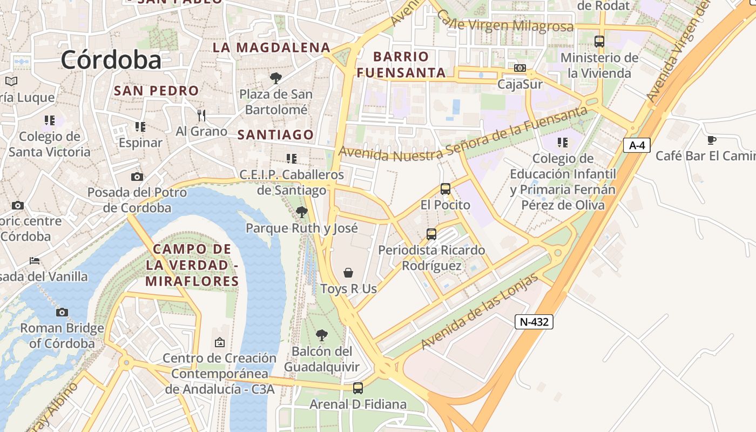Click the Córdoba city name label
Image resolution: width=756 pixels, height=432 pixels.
click(111, 59)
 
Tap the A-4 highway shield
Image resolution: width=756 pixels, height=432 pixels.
click(637, 145)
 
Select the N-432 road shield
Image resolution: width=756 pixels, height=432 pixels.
click(534, 322)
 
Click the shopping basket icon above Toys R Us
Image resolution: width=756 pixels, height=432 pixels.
click(348, 273)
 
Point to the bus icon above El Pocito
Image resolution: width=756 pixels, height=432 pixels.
click(446, 189)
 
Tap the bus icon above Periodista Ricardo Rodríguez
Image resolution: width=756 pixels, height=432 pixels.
click(431, 234)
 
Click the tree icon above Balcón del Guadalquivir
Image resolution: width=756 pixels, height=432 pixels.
click(322, 335)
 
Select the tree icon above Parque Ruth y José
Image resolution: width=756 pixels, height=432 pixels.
click(302, 212)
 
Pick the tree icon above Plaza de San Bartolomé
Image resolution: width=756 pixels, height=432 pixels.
click(276, 78)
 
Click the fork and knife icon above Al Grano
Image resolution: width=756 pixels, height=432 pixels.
click(201, 115)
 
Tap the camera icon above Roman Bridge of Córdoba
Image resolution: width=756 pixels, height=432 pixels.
click(62, 312)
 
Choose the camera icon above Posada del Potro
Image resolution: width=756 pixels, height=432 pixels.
click(137, 177)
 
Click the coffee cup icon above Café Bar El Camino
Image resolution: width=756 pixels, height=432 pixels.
click(712, 140)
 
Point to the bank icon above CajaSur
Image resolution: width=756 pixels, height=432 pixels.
click(520, 68)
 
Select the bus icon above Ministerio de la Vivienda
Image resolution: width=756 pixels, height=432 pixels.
click(599, 42)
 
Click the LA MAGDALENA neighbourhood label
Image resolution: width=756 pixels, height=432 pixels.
click(271, 48)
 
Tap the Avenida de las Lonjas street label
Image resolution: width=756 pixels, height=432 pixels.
click(480, 312)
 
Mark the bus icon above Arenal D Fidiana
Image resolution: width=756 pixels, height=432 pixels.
click(357, 388)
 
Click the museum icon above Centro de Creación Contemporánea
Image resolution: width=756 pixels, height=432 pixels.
click(220, 342)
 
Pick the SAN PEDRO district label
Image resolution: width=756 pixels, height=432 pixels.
click(157, 91)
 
